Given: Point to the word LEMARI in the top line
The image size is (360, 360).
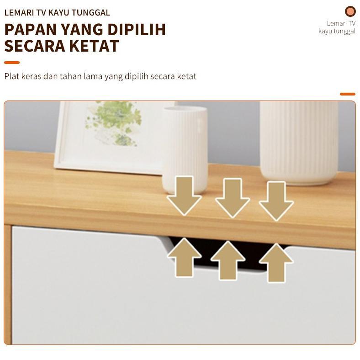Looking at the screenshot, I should coord(20,13).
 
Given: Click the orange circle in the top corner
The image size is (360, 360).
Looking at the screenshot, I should coord(350,11).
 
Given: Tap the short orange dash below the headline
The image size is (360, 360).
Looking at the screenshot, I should coord(12,63).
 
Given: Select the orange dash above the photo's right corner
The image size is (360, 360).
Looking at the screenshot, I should coord(348,94).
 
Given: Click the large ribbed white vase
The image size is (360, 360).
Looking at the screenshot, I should coord(299,142).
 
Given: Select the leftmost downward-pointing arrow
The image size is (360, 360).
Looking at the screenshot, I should coord(184,196).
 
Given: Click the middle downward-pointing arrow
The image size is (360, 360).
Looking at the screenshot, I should coord(232,197).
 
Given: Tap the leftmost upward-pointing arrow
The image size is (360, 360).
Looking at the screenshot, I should coord(184,257).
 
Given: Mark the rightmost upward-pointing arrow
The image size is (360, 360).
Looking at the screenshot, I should coord(276,263).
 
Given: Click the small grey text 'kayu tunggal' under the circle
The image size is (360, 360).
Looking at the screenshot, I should coord(337,31).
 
